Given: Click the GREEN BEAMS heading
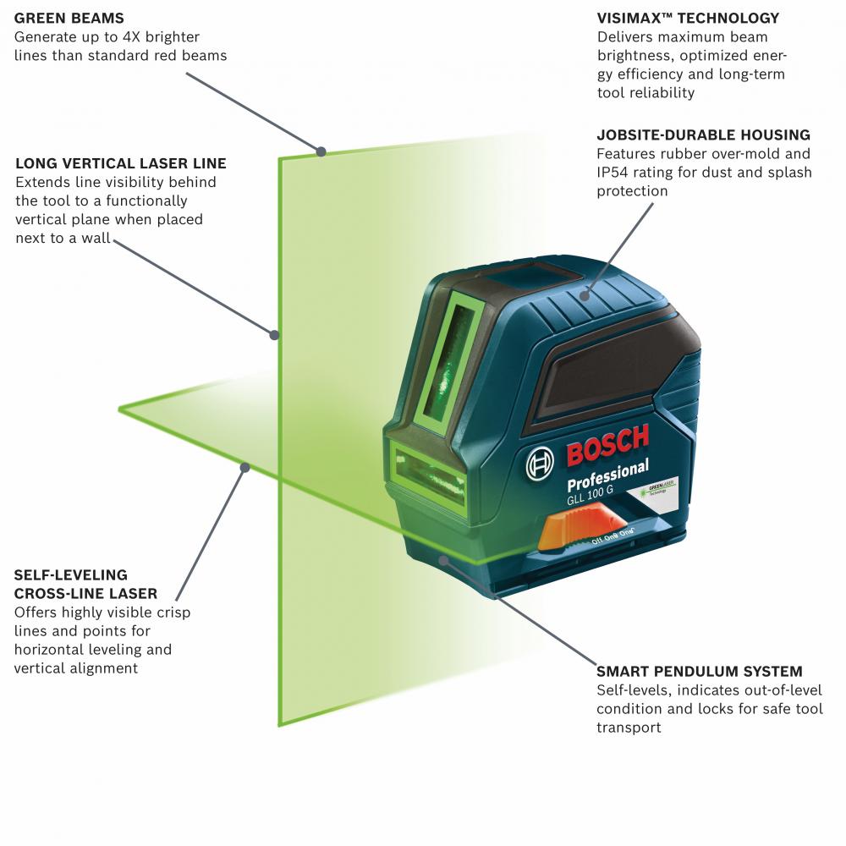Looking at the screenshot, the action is point(69,19).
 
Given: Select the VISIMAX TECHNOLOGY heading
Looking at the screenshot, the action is point(688,19).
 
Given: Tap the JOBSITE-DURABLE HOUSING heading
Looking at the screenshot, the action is point(704,135).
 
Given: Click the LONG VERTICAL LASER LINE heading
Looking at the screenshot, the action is point(121,163).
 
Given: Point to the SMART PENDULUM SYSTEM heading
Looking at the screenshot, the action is point(700,672).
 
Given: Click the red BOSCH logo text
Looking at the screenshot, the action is point(608,445).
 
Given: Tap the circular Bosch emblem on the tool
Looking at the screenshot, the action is point(540,464).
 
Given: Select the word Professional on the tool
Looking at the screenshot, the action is point(608,475).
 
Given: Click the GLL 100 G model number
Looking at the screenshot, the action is point(590,495).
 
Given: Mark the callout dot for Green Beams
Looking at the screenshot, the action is point(321,151).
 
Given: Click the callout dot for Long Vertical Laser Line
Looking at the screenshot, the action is point(274,335).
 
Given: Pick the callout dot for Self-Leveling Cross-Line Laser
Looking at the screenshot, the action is point(245,467).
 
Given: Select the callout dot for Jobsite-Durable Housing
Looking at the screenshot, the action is point(585,295).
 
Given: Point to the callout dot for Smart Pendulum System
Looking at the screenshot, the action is point(443,560).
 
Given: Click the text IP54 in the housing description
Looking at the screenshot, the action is point(613,173).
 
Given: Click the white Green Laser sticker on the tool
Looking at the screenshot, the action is point(657,489).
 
